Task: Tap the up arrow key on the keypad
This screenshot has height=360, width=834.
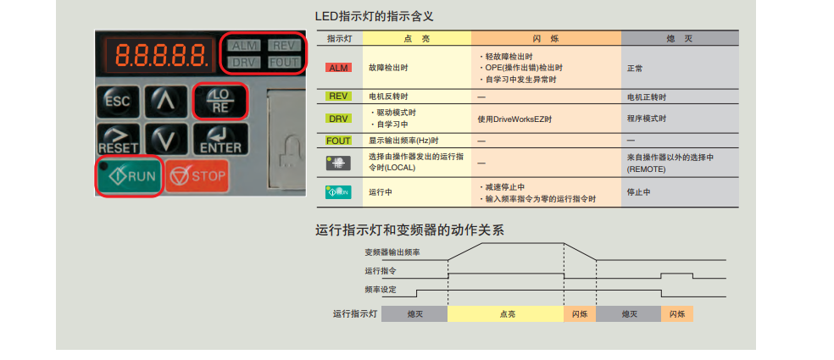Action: tap(166, 102)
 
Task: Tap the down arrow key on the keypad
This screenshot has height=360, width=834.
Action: tap(166, 139)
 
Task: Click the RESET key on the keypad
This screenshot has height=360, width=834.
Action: tap(118, 139)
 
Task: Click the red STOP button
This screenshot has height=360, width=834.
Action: tap(197, 175)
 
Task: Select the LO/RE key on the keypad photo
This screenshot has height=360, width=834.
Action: tap(220, 102)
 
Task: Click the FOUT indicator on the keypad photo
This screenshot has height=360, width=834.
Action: tap(284, 62)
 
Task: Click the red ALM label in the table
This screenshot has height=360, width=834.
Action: tap(338, 68)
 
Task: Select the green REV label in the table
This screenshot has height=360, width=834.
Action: tap(338, 97)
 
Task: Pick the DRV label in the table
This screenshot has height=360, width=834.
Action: tap(338, 119)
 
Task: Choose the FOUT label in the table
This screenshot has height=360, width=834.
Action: tap(338, 141)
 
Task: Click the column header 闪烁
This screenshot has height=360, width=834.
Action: tap(546, 39)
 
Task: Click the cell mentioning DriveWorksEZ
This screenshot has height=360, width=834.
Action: tap(514, 119)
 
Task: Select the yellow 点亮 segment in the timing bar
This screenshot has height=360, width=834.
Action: tap(506, 313)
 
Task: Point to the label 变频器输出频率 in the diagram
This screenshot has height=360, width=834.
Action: tap(392, 252)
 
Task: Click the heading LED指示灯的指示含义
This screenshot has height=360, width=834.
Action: tap(375, 16)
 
